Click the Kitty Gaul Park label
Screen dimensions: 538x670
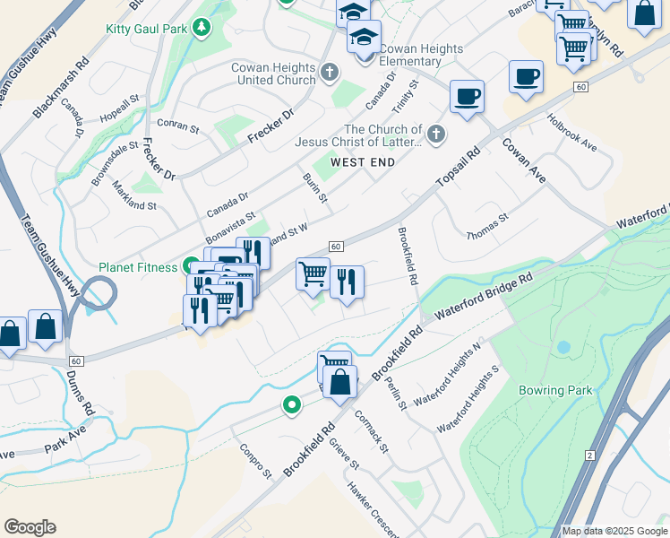click(x=146, y=29)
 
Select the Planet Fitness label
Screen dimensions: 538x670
click(x=138, y=267)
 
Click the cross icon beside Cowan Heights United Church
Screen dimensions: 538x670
click(x=330, y=71)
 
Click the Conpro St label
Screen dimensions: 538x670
click(x=254, y=459)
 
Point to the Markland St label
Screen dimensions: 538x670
click(x=134, y=195)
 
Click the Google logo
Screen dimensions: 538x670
click(x=30, y=527)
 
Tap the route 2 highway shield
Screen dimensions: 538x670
click(x=589, y=456)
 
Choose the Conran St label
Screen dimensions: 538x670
click(x=177, y=127)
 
